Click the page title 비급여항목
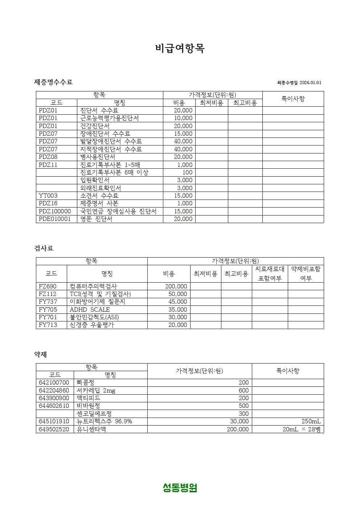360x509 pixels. coord(180,48)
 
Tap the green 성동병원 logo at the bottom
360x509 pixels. coord(180,488)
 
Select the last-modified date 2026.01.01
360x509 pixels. coord(310,83)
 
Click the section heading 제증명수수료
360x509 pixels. coord(53,82)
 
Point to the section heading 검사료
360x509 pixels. coord(44,248)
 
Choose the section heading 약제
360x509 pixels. coord(41,354)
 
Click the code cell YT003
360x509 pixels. coord(48,196)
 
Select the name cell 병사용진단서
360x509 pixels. coord(98,157)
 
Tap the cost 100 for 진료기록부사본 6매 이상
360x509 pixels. coord(187,172)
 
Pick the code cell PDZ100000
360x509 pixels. coord(55,211)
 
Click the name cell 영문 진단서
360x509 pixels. coord(96,219)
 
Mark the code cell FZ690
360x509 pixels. coord(48,286)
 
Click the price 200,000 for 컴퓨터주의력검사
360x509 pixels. coord(176,286)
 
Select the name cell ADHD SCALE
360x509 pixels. coord(90,309)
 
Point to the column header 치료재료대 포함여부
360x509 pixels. coord(270,274)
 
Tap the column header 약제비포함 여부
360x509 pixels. coord(306,274)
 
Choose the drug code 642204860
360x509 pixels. coord(54,390)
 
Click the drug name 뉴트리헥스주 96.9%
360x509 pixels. coord(104,421)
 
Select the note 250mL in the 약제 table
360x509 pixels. coord(311,421)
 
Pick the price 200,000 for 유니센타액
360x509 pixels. coord(238,429)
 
